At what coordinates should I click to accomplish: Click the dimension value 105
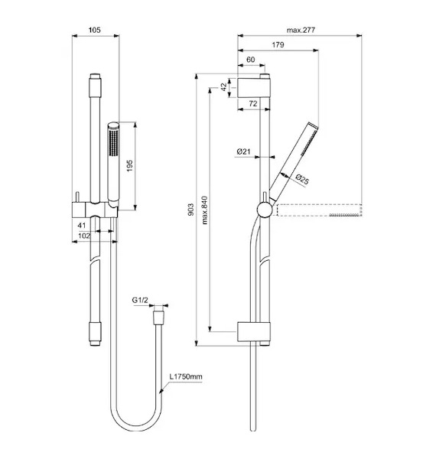click(95, 30)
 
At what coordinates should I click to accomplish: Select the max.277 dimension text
click(301, 30)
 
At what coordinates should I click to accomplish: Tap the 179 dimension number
click(278, 45)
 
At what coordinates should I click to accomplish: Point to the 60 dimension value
click(251, 60)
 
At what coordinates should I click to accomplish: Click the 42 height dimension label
click(223, 87)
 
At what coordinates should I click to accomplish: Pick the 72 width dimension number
click(253, 103)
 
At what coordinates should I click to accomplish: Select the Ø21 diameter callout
click(243, 151)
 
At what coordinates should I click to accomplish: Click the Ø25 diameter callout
click(302, 179)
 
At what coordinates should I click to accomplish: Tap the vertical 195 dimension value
click(129, 166)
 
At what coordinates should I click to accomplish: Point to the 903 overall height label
click(190, 210)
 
